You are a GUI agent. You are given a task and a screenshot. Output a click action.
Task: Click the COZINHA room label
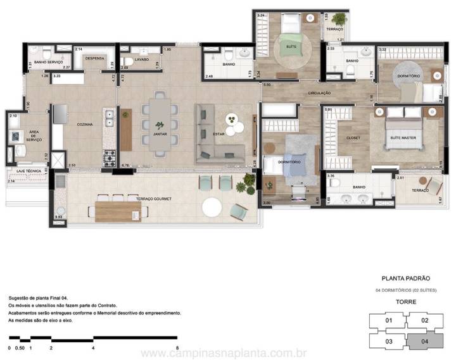tap(85, 125)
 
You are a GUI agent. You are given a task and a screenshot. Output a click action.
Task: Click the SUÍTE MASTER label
tap(403, 137)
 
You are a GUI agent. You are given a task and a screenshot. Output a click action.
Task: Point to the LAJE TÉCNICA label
tap(24, 171)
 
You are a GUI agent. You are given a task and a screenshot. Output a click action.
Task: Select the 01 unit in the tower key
tap(389, 321)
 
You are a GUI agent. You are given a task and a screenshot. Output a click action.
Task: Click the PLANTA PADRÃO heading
tap(406, 278)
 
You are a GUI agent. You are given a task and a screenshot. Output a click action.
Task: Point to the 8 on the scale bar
tap(178, 348)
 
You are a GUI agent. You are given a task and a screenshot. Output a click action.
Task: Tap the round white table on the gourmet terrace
tap(212, 207)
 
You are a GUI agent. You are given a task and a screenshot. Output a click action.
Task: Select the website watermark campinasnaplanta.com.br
tap(224, 352)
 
